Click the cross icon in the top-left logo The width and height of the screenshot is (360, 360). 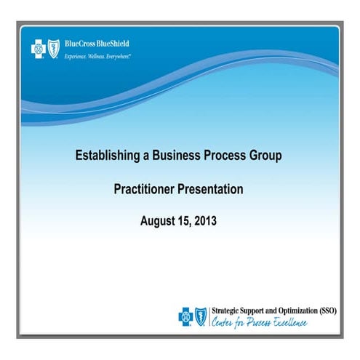(x=36, y=48)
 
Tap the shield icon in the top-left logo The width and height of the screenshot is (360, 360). (x=52, y=48)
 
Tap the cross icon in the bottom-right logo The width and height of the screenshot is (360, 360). (x=186, y=316)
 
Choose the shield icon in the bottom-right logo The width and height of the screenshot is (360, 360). (x=201, y=316)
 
